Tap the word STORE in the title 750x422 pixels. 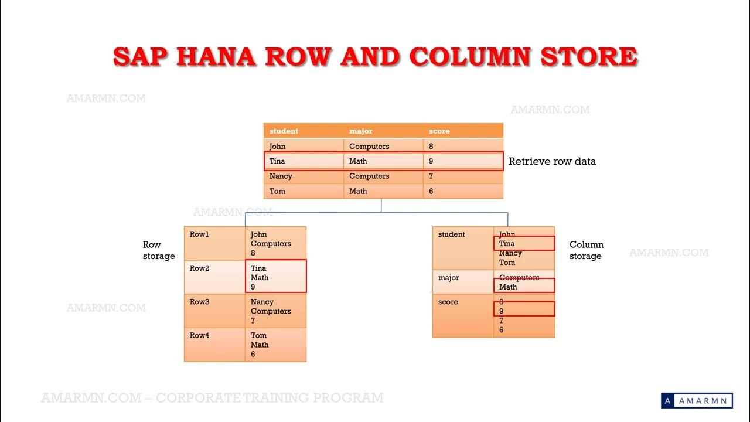588,56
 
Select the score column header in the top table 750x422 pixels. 439,131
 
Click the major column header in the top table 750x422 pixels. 360,131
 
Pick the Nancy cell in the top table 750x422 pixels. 281,176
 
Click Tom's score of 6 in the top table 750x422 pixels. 431,191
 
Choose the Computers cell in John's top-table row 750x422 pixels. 369,146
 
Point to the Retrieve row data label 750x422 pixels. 552,161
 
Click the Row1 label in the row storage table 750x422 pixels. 199,234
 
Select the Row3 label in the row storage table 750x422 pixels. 199,302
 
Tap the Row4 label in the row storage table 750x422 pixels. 199,335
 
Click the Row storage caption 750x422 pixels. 159,250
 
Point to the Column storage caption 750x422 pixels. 586,250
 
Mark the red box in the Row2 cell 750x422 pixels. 275,276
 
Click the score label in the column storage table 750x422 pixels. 448,302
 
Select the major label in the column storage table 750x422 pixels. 449,277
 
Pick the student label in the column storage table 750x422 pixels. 452,234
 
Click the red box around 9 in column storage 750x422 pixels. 524,309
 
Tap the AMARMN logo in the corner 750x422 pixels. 697,400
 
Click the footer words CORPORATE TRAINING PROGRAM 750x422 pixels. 270,398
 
